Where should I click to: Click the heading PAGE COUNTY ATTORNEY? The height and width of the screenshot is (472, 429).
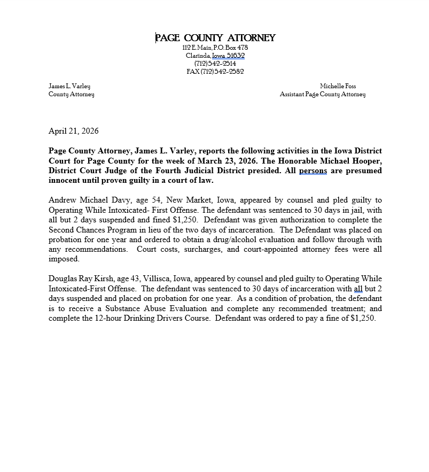point(215,37)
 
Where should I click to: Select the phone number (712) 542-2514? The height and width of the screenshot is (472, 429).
point(215,64)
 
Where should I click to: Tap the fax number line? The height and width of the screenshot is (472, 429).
point(215,72)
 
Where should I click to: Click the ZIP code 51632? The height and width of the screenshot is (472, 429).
point(235,56)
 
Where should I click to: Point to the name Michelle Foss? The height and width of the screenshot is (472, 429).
point(338,86)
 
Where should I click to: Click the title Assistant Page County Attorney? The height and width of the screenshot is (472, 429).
point(323,95)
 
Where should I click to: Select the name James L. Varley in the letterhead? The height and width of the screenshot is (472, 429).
point(69,86)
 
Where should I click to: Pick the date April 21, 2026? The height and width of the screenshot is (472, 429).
point(74,131)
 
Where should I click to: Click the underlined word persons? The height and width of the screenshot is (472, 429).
point(313,171)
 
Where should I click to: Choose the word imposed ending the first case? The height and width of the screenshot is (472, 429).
point(64,259)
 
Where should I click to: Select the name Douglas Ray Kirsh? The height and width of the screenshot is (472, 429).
point(80,279)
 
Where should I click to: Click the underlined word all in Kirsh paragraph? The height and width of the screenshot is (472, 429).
point(358,289)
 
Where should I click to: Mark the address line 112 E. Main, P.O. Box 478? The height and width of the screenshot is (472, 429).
point(215,48)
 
